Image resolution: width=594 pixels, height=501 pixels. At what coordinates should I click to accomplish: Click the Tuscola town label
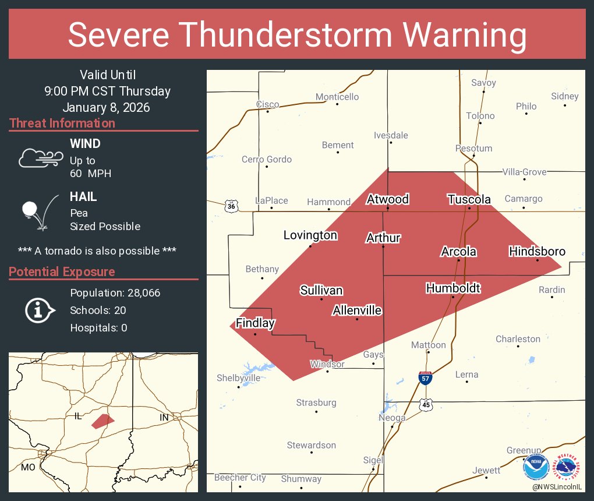469,199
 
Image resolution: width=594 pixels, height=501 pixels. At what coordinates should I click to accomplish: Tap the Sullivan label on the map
321,290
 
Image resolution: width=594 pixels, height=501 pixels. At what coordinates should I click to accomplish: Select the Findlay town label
255,323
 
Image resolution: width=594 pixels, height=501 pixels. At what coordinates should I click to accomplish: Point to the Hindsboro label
537,251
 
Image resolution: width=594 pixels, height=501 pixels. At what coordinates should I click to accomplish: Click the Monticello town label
337,97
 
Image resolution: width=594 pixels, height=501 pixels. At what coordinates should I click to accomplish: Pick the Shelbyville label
239,377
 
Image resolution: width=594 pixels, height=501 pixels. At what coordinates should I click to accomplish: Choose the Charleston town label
518,338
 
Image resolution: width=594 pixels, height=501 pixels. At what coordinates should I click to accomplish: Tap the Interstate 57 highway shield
425,378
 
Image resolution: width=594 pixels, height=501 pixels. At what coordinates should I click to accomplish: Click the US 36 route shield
231,206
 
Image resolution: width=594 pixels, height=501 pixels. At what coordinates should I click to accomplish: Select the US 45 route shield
427,405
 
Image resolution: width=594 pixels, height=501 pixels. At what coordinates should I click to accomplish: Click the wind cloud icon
40,158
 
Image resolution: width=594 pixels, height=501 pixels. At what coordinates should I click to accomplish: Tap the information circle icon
38,311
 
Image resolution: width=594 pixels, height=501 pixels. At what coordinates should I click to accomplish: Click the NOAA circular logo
536,467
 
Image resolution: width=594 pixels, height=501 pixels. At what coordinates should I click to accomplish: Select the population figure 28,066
139,292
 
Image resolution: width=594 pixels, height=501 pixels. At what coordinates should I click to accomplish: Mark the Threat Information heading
62,123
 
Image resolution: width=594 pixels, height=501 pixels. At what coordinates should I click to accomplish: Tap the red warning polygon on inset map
102,421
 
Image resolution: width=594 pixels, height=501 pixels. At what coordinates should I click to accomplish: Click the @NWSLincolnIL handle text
558,486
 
